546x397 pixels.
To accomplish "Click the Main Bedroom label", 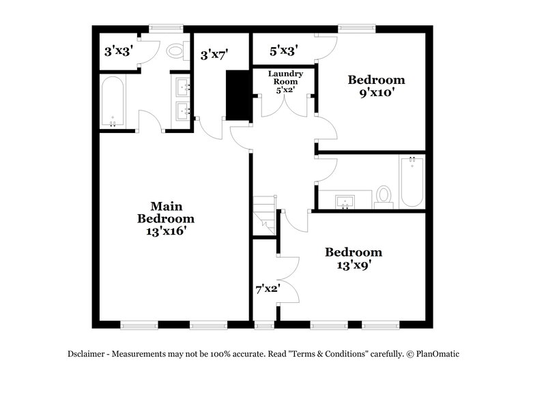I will [x=166, y=212].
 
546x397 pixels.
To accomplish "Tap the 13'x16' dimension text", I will [x=166, y=231].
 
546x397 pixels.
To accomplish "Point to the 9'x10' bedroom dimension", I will [x=377, y=93].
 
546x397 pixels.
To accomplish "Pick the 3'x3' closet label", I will [x=117, y=50].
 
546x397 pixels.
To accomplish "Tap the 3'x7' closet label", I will [x=214, y=55].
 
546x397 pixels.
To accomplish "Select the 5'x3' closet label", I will [x=283, y=50].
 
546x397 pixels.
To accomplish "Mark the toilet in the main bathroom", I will [x=177, y=50].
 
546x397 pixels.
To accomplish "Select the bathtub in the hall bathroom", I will [x=412, y=181].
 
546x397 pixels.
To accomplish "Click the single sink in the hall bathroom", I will [x=345, y=200].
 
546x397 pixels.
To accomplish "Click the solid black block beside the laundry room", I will [x=238, y=95].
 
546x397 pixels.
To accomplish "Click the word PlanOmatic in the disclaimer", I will [x=443, y=354].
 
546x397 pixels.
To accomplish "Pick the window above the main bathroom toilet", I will [x=162, y=29].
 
